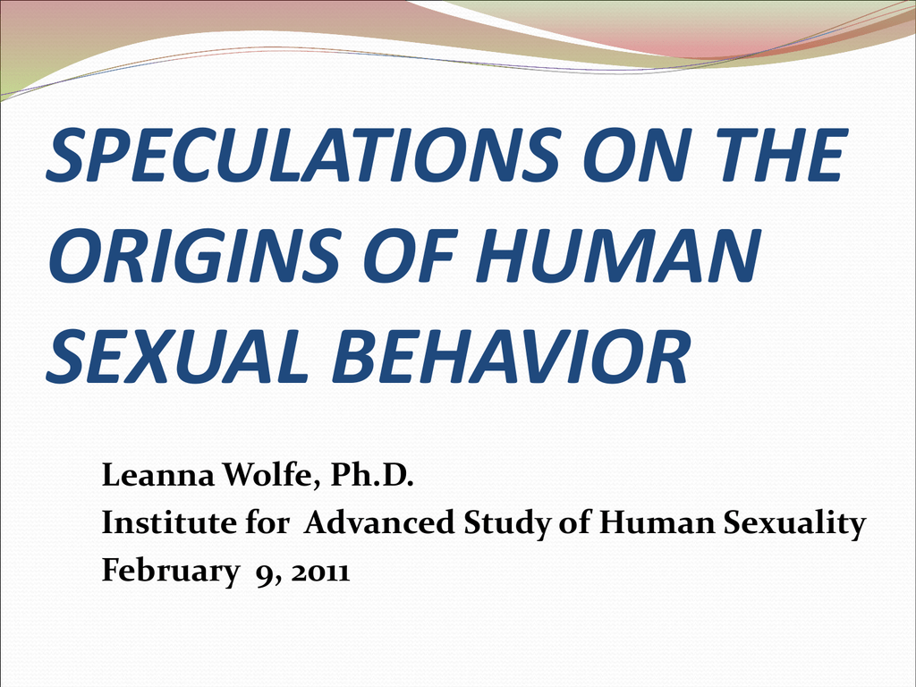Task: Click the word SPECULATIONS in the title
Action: click(303, 156)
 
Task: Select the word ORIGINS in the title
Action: click(194, 255)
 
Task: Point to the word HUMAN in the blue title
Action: click(618, 255)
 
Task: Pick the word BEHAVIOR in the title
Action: click(512, 356)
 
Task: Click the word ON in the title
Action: click(637, 155)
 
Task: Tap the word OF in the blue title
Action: click(408, 255)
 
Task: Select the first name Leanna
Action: click(158, 474)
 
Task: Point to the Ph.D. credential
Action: click(372, 474)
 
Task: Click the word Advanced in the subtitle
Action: click(379, 522)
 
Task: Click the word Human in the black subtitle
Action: click(657, 522)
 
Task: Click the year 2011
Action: click(321, 572)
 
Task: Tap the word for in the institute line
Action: click(267, 522)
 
